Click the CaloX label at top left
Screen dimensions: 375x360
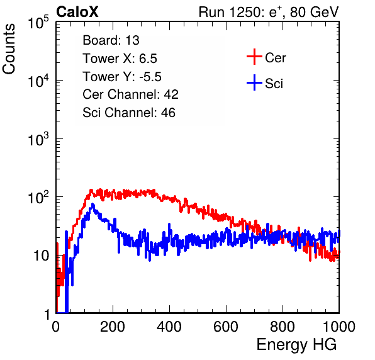(x=77, y=12)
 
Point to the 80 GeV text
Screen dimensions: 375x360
(x=315, y=12)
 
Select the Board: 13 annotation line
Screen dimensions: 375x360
(x=111, y=40)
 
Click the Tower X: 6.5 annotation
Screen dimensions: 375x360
(x=120, y=59)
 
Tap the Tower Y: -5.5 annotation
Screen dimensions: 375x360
(x=122, y=77)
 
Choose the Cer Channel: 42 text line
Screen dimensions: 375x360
(x=131, y=94)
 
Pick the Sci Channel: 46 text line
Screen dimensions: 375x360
(x=129, y=113)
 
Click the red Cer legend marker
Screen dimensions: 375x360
(x=254, y=57)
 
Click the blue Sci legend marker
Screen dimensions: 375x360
(x=254, y=83)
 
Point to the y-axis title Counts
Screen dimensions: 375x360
(x=9, y=48)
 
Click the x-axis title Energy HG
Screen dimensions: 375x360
(x=296, y=345)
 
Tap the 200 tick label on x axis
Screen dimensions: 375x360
(x=113, y=327)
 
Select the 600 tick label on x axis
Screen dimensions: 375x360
(x=226, y=327)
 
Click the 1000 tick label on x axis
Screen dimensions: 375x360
(x=339, y=327)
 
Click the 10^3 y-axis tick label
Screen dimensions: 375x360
(x=38, y=139)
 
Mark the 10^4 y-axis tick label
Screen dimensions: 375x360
(x=38, y=81)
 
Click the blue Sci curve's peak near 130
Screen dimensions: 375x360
(x=92, y=205)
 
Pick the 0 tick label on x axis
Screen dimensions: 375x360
(x=56, y=327)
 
